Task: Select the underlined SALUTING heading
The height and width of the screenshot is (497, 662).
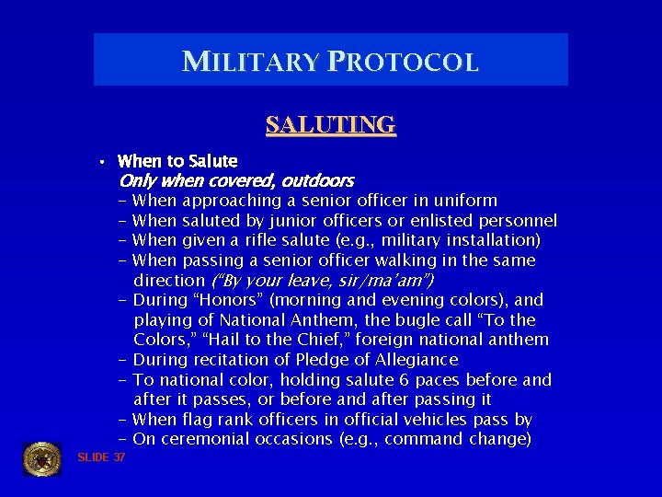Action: tap(330, 124)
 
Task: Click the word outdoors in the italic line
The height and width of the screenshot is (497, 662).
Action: tap(317, 180)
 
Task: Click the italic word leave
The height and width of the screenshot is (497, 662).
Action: tap(314, 280)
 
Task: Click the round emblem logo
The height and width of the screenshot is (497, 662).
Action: tap(41, 457)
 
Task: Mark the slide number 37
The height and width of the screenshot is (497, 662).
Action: tap(120, 457)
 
